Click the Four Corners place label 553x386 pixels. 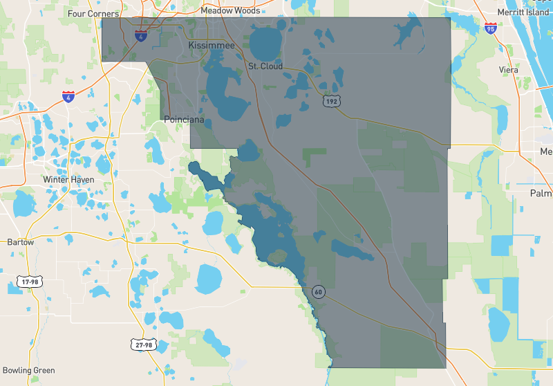(94, 13)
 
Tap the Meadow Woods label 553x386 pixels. (230, 10)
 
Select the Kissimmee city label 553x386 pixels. (212, 45)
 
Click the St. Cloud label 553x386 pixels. (265, 66)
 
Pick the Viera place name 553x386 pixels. (509, 70)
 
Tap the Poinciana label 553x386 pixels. (184, 120)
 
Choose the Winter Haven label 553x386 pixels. (68, 179)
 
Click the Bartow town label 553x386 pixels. (20, 242)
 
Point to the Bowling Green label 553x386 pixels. (28, 370)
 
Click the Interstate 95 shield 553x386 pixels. (491, 29)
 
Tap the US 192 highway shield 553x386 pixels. (330, 101)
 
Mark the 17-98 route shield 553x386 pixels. (30, 282)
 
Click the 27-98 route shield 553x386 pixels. (142, 344)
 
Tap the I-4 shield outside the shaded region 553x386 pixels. (68, 96)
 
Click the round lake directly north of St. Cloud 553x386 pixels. (267, 43)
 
